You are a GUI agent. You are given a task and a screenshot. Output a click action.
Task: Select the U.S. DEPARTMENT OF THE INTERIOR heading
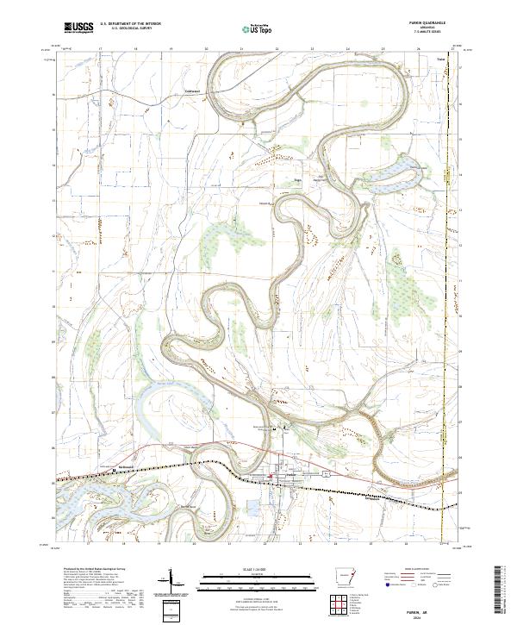point(130,24)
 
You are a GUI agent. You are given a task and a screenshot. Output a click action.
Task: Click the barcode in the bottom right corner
point(501,591)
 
